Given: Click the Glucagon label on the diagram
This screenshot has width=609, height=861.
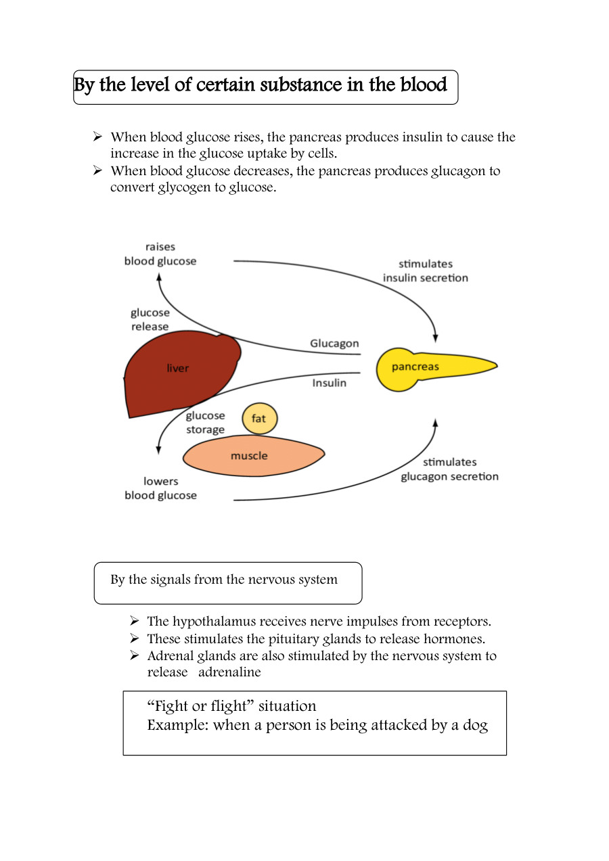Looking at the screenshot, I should [334, 344].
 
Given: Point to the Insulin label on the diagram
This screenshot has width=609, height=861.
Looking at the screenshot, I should [329, 383].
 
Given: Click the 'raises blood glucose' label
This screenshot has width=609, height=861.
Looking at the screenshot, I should [160, 254].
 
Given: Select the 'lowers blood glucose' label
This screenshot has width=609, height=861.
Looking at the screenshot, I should [160, 488].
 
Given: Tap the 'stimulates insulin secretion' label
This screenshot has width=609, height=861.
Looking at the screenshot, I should [425, 271].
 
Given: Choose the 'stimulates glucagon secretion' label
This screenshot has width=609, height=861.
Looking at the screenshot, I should [449, 469].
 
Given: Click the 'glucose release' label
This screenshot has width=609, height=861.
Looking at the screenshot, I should [150, 319].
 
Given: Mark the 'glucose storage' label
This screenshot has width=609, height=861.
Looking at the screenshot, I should [205, 423].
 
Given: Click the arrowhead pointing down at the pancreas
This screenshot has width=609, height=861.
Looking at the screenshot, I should [435, 337].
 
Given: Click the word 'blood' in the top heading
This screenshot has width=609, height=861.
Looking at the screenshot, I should [424, 85].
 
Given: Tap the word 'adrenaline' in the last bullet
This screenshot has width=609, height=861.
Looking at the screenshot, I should [229, 672].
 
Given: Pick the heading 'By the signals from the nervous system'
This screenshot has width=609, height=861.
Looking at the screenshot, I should [224, 580].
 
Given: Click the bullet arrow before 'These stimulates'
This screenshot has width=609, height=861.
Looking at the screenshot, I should [135, 638].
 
